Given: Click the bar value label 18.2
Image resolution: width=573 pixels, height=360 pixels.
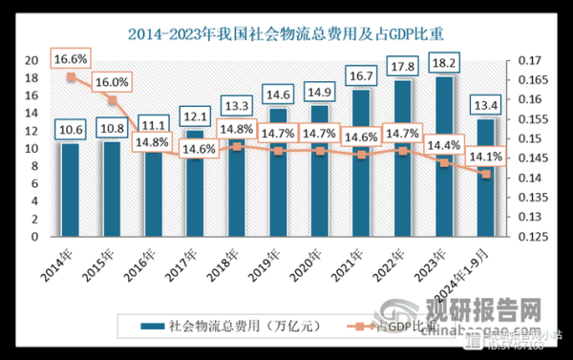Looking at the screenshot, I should coord(444,66).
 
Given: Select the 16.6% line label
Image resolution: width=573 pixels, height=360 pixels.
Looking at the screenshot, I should coord(72,59).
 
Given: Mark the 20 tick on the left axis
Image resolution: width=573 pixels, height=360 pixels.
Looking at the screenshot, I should coord(32,60).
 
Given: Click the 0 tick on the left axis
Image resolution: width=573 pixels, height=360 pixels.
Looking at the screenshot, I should coord(35,237).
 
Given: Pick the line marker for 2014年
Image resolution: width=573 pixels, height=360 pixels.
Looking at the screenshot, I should coord(71,76).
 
